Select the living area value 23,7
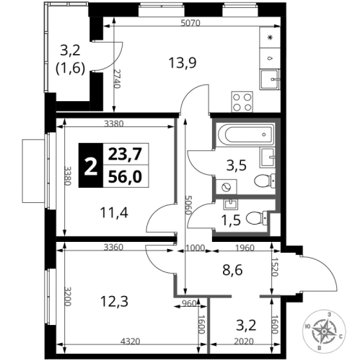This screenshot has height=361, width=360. click(x=122, y=154)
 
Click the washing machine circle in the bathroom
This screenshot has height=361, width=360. click(x=227, y=186)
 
